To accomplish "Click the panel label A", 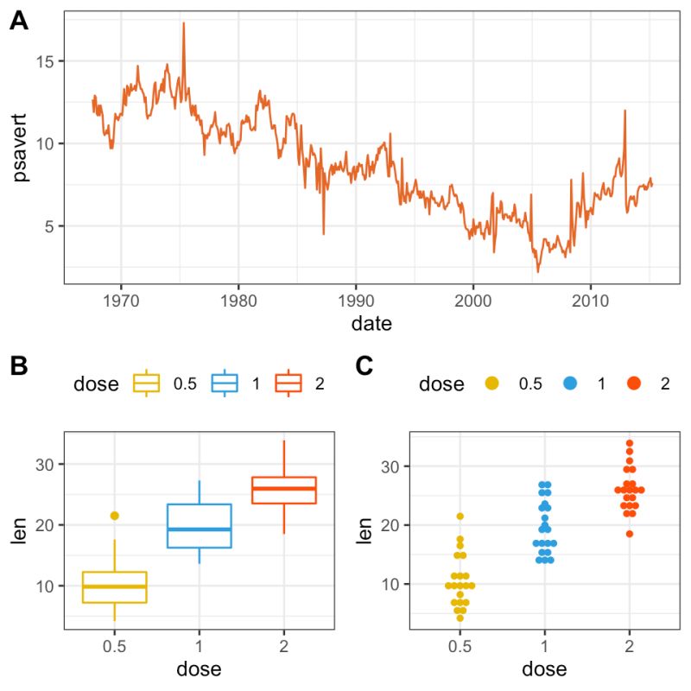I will [19, 23].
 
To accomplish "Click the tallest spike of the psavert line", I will [183, 24].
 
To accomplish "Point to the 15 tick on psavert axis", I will [46, 61].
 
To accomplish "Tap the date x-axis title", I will [371, 325].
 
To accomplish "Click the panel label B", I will [19, 366].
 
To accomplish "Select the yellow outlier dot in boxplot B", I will [114, 516].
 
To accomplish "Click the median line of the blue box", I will [200, 529].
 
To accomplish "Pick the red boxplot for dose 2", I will [284, 490].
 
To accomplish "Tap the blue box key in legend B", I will [225, 384].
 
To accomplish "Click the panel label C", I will [365, 366].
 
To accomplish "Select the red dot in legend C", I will [633, 384].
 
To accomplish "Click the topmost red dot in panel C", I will [630, 444].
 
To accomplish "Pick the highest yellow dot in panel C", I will [460, 517].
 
